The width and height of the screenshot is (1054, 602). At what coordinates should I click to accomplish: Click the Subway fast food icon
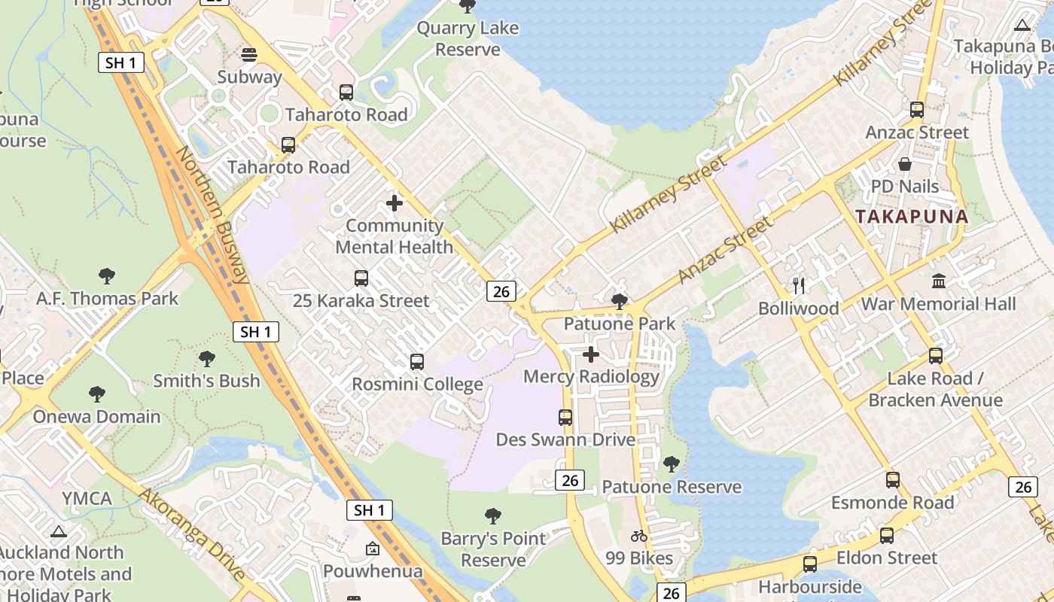click(x=249, y=54)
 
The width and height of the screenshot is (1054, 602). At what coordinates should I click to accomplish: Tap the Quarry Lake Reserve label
click(x=468, y=39)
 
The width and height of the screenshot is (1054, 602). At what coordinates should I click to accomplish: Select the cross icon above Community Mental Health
click(x=394, y=203)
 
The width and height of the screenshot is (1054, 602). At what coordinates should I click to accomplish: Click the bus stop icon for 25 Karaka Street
click(x=361, y=278)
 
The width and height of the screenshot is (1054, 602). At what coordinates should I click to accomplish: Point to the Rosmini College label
click(x=418, y=385)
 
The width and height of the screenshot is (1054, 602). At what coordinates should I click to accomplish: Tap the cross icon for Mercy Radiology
click(x=591, y=354)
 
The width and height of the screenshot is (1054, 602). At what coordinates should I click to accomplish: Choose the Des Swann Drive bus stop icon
click(x=565, y=417)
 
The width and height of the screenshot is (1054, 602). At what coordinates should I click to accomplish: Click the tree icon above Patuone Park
click(x=620, y=302)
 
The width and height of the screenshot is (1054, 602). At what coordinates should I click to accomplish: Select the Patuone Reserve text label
click(x=672, y=487)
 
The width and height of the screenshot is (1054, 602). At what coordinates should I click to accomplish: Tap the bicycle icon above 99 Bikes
click(x=639, y=536)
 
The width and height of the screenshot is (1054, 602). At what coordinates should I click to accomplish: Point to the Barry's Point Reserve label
click(x=493, y=549)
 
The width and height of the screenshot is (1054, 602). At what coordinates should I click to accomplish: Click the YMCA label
click(x=87, y=498)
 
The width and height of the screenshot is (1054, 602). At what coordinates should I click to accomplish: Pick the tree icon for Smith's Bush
click(x=207, y=359)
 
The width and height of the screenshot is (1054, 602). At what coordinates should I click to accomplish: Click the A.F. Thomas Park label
click(x=108, y=299)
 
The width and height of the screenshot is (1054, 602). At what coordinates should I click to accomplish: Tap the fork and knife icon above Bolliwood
click(x=799, y=286)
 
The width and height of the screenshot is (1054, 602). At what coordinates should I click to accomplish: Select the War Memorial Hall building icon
click(x=939, y=281)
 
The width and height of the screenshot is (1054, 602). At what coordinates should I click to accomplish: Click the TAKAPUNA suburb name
click(x=912, y=217)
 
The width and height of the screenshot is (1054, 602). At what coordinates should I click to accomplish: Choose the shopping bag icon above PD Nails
click(x=905, y=164)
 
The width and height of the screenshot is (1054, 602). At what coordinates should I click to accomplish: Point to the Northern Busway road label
click(x=213, y=214)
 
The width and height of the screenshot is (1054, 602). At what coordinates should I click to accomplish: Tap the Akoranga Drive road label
click(x=193, y=535)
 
